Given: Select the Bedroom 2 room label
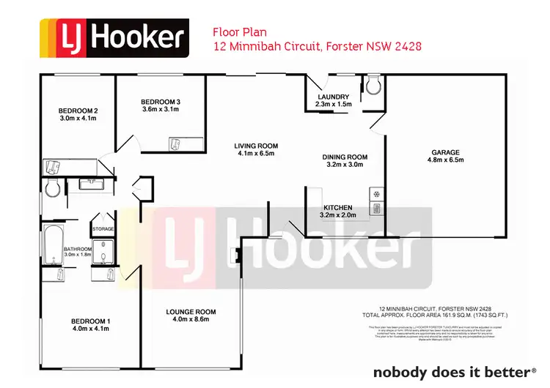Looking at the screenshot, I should point(78,111).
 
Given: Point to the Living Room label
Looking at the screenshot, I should point(257,145).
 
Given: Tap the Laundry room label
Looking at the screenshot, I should point(333,97).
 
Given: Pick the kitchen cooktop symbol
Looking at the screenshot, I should point(376,195).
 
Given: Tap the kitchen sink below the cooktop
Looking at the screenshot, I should point(376,209).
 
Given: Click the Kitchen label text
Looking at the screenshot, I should point(337,207).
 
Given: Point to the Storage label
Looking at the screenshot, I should point(103,229).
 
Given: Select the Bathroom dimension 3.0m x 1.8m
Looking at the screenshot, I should point(77,255).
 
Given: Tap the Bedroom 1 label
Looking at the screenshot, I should point(90,321).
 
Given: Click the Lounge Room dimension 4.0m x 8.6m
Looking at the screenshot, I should point(191,319).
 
